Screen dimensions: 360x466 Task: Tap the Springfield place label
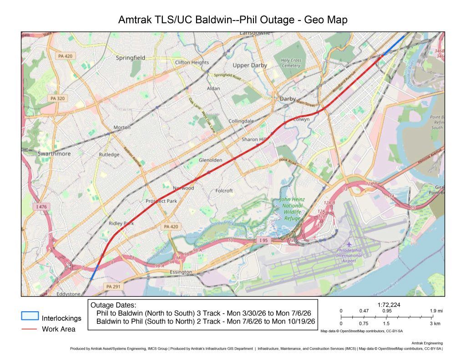[130, 58]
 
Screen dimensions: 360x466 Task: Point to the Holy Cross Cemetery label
[291, 63]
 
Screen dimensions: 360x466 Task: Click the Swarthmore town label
[54, 153]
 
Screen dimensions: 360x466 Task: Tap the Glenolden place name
[210, 160]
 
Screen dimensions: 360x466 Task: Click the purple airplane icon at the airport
[349, 244]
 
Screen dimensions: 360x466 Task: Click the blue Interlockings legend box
[30, 316]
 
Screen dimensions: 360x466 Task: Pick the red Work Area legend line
[30, 329]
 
